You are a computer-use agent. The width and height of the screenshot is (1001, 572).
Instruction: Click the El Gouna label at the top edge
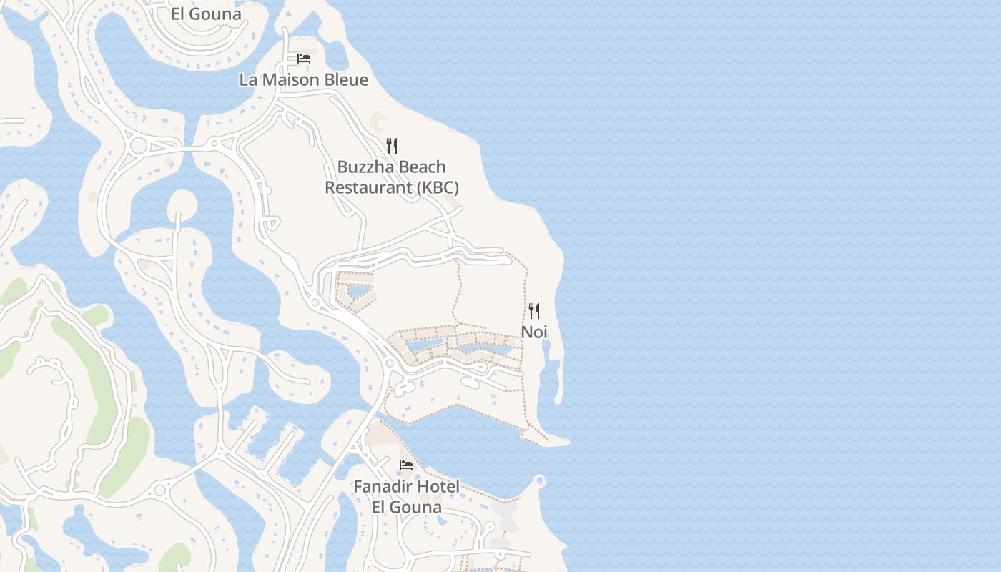tap(206, 14)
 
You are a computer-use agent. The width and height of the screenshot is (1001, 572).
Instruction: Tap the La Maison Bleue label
tap(303, 79)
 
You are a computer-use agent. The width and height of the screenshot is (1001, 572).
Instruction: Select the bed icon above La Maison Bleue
tap(304, 59)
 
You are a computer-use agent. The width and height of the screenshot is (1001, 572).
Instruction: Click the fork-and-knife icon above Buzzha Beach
tap(391, 146)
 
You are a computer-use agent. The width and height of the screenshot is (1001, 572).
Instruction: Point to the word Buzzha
tap(363, 167)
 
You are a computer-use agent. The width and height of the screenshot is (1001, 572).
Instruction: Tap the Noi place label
tap(533, 332)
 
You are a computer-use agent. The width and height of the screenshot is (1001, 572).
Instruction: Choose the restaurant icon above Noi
tap(533, 311)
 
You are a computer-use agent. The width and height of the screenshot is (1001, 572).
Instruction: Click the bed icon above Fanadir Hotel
tap(406, 465)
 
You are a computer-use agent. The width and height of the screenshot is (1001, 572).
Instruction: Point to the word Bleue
tap(347, 79)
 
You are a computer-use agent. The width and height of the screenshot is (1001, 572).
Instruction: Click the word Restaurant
tap(368, 188)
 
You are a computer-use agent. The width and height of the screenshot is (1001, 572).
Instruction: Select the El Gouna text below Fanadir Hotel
tap(406, 508)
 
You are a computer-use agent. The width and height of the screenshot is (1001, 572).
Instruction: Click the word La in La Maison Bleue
tap(247, 79)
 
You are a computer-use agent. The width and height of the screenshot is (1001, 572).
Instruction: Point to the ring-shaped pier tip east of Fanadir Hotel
tap(539, 480)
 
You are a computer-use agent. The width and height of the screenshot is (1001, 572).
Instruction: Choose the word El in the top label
tap(179, 14)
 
